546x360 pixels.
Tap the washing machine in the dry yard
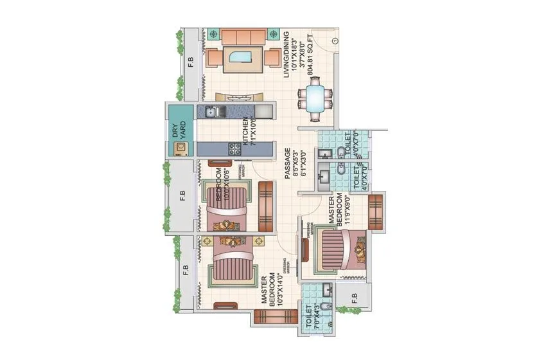181,148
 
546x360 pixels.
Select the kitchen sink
210,113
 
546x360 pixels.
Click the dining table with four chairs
314,100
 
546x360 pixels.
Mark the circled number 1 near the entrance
336,42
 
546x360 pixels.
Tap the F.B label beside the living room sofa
190,62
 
